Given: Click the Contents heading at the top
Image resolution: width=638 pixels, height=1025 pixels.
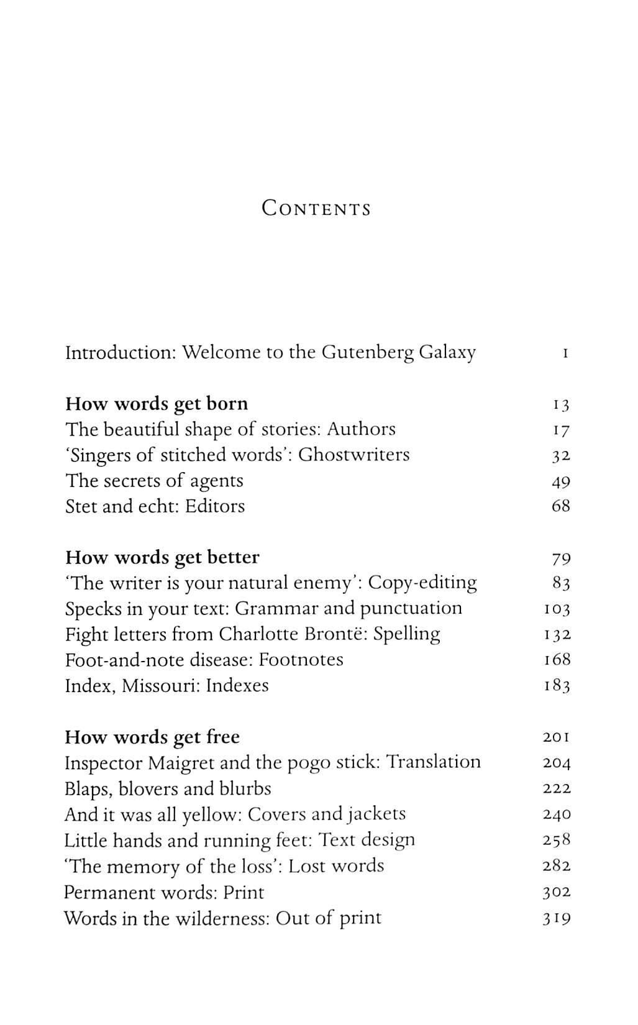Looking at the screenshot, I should pos(316,208).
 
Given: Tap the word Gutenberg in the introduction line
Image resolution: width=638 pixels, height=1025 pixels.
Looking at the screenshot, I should pos(367,353).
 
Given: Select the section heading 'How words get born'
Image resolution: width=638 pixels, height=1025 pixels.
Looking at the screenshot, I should pos(157,404).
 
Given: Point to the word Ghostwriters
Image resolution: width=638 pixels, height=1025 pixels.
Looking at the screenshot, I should pos(353,455).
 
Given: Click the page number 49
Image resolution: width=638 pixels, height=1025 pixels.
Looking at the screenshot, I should pos(560,481).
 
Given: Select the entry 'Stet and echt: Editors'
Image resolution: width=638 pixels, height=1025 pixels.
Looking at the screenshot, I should pos(155,506).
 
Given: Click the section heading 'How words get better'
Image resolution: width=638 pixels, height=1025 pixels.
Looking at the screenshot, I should pos(162,557).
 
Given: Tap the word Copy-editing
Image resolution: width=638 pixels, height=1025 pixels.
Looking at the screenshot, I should pos(422,583).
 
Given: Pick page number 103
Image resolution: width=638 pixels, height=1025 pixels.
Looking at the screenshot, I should pos(557,609).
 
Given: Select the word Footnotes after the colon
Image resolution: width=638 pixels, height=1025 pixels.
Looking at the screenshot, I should pos(301,660).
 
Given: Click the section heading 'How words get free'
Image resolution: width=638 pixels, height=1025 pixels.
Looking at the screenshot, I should pos(152,737).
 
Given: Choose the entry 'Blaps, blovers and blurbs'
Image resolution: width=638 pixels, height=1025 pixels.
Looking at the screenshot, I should pos(168,789).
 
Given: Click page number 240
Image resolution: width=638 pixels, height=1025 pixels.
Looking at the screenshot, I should pos(557,815).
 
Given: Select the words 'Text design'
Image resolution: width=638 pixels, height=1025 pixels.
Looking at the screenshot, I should pos(367,840).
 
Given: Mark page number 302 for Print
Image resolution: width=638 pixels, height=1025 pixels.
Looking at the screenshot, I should pos(557,893).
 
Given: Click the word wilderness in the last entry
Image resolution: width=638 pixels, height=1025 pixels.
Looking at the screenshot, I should pos(221,918).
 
